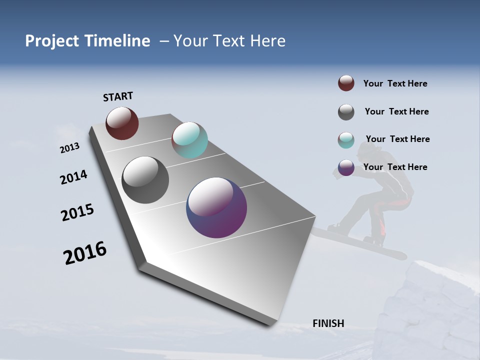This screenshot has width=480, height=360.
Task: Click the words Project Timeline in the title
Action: pos(87,41)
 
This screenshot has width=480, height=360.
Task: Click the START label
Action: pos(118,96)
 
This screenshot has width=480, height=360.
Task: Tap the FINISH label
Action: pos(328,323)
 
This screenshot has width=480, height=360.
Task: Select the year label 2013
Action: pos(70,148)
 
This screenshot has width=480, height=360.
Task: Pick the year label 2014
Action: pos(74,177)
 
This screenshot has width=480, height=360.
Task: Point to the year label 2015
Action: pos(77,212)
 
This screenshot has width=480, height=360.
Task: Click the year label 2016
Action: pos(85,253)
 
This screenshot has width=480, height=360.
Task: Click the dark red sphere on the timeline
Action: pos(122,123)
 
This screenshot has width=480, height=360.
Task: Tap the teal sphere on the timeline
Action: pos(189,140)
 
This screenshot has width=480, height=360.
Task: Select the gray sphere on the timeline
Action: pos(145,180)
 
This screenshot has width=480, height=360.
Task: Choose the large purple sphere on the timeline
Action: pos(216,207)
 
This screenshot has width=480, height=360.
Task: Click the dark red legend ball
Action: pos(346,83)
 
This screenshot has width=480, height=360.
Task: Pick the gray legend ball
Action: pos(346,112)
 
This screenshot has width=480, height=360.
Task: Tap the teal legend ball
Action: pos(346,140)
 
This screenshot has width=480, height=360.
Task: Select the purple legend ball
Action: pos(346,167)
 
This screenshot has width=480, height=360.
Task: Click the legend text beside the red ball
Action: pos(395,83)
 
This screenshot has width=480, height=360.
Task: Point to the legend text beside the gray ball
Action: pos(396,111)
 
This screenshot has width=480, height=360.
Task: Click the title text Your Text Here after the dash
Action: pos(229,41)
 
